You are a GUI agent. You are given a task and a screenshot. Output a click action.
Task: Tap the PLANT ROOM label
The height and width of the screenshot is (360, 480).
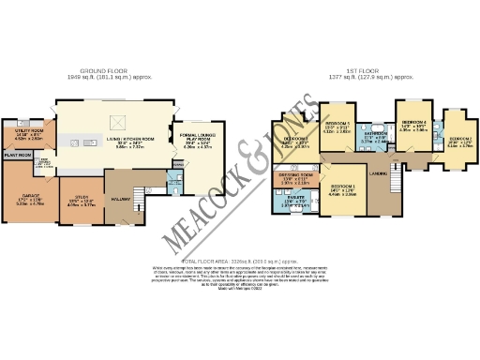[x=18, y=156]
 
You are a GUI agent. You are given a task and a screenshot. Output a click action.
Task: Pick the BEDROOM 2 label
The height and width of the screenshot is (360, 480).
[x=458, y=139]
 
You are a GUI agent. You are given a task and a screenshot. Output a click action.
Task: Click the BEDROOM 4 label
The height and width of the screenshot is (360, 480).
[x=413, y=123]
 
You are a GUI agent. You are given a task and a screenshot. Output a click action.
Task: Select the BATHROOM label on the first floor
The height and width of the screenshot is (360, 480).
[x=377, y=134]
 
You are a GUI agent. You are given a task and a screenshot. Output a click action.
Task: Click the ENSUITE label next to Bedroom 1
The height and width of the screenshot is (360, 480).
[x=296, y=199]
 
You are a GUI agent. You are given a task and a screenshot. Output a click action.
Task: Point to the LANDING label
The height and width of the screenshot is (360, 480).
[x=380, y=173]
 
